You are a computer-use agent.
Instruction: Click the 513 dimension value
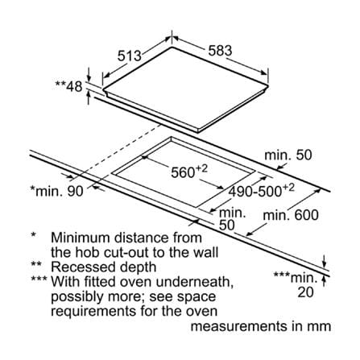(x=130, y=56)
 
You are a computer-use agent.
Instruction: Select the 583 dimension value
(x=220, y=51)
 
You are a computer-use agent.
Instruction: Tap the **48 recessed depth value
(x=68, y=86)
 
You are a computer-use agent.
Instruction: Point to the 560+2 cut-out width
(x=189, y=172)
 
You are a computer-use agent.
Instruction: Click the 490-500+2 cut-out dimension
(x=261, y=191)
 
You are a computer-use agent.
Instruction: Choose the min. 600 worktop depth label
(x=291, y=215)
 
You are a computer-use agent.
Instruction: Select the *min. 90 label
(x=57, y=192)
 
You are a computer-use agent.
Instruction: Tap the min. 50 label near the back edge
(x=288, y=155)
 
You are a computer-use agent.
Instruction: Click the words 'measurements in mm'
(x=261, y=326)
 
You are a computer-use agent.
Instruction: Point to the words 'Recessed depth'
(x=104, y=267)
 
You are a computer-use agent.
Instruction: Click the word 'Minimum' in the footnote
(x=81, y=238)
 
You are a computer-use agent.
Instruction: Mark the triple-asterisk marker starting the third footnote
(x=39, y=279)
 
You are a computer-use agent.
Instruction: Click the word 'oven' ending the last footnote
(x=202, y=312)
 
